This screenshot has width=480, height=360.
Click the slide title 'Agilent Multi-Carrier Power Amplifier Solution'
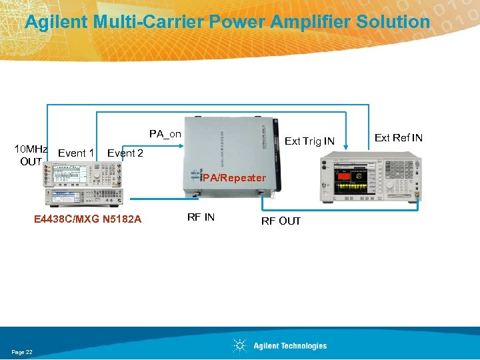(x=227, y=22)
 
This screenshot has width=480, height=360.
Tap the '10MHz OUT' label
(x=31, y=155)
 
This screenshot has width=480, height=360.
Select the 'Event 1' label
(x=75, y=153)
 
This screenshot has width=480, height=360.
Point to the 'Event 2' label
(x=125, y=153)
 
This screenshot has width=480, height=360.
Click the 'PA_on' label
(x=165, y=134)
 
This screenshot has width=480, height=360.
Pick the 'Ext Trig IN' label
(x=309, y=141)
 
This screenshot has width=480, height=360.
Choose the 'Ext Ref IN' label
(x=398, y=138)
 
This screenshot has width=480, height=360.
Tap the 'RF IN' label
(x=201, y=217)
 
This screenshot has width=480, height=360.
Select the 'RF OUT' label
(x=281, y=221)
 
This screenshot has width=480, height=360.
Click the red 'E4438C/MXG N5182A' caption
(x=88, y=218)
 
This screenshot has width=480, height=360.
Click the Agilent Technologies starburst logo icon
(x=239, y=345)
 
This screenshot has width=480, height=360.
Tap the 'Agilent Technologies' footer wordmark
(x=290, y=346)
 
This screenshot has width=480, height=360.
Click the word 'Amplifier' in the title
(x=311, y=22)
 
